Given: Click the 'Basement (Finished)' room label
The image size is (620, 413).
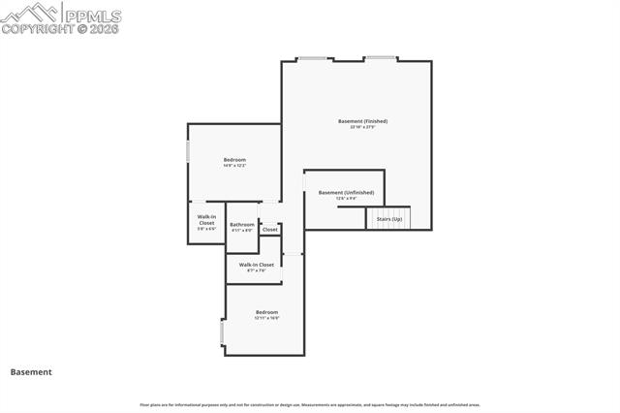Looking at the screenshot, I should pos(362,121).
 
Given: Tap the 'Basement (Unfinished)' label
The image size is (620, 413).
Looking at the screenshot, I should pos(346,192).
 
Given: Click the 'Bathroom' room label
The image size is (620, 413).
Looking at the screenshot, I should pos(242,225).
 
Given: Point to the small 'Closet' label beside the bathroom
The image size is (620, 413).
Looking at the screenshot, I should pos(269,230).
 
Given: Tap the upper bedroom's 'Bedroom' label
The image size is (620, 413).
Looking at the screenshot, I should pos(234,159).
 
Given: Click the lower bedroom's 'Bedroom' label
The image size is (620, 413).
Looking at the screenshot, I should pos(266,312).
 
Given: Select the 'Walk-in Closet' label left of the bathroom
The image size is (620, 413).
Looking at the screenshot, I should pos(206,219).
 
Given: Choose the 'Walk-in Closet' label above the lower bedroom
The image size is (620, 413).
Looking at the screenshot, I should pos(257,264).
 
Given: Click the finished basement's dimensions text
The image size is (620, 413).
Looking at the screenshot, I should pos(362,128).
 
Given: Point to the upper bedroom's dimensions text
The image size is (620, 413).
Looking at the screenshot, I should pos(234,166).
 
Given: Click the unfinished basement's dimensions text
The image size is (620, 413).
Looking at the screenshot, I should pos(346,199).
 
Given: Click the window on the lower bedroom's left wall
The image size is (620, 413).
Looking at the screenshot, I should pos(224,333).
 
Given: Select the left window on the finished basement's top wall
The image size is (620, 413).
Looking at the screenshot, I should pos(311,59).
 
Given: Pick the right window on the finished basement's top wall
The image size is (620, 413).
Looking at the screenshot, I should pos(381,58).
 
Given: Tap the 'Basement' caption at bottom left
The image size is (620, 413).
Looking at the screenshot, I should pos(31,371).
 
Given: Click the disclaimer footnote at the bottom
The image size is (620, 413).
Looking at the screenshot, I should pos(310,404).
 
